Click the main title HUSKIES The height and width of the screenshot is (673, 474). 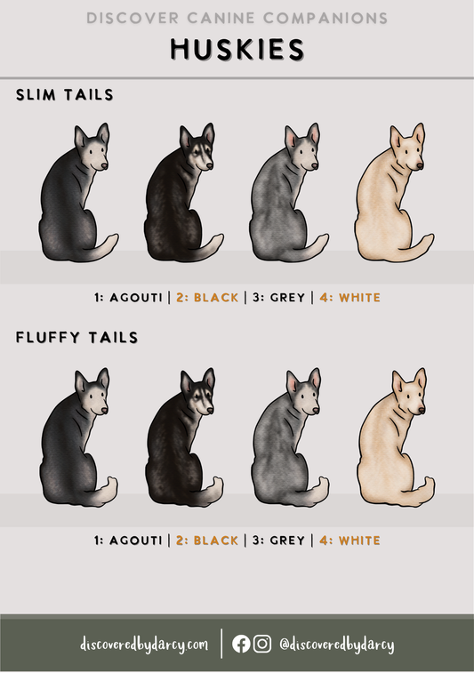pos(237,49)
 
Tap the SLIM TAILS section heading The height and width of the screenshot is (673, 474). pos(65,94)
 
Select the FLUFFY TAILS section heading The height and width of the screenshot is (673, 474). pos(76,337)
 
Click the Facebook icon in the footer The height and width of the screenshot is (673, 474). pos(241,644)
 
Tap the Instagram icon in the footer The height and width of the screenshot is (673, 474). pos(262,644)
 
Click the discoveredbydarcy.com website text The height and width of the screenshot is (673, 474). pos(144,645)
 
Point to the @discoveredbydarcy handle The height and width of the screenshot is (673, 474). pos(336,645)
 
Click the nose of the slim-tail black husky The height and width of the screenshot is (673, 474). pos(209,165)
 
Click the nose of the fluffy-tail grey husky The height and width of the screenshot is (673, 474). pos(316,411)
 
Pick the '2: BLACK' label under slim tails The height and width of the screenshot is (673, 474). pos(207,298)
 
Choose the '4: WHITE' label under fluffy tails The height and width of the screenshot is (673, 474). pos(349,541)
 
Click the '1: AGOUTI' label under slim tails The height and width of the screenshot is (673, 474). pos(128,298)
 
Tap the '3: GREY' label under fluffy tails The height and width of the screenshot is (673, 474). pos(278,541)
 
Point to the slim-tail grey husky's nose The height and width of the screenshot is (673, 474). pos(315,165)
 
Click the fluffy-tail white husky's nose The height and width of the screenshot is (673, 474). pos(422,411)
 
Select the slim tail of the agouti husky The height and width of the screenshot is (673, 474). pos(102,248)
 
